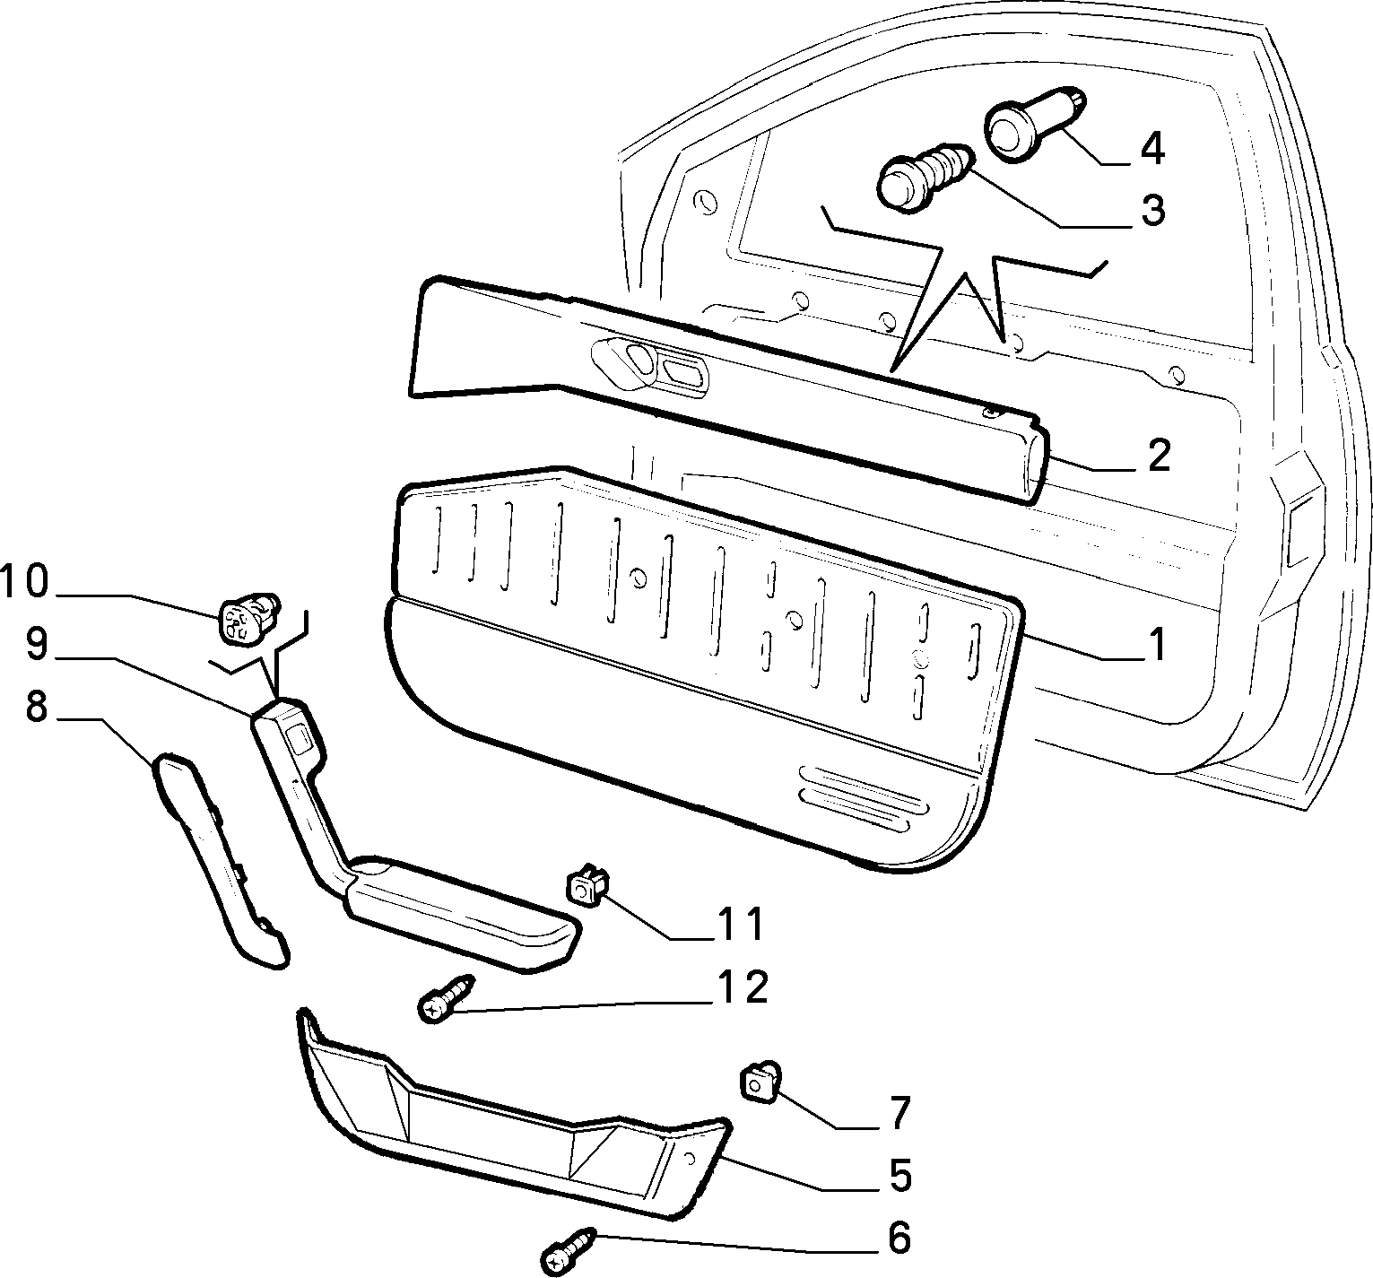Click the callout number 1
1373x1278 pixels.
1158,644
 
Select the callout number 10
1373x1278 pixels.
24,581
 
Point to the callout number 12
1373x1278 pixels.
742,987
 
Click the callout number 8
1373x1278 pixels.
36,707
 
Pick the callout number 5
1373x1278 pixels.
899,1175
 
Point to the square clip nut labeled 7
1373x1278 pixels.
759,1078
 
